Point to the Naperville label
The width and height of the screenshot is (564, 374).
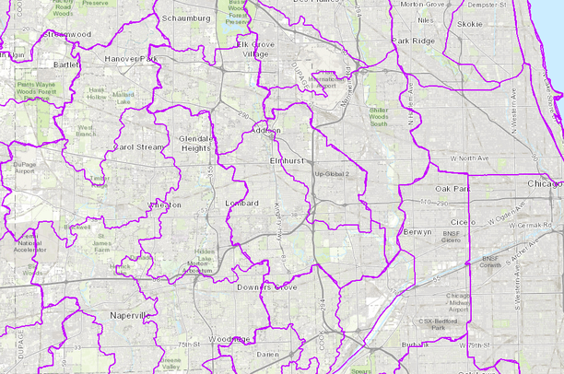(x=132, y=316)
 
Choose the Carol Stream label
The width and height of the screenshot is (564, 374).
(x=136, y=146)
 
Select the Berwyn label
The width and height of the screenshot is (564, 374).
(x=417, y=233)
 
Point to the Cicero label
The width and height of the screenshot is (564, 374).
(x=460, y=223)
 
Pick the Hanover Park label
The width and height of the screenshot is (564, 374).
(x=132, y=58)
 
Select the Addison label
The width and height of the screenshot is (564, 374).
(x=265, y=131)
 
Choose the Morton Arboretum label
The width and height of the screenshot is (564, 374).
(x=205, y=264)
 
